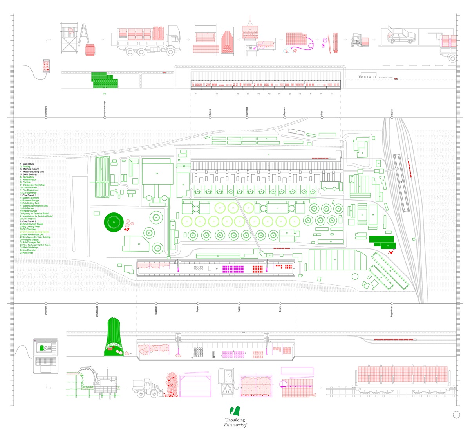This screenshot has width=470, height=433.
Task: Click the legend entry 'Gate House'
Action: coord(29,164)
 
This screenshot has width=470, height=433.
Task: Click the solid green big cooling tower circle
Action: coord(114,222)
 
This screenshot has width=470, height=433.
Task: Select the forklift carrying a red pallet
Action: coord(359,40)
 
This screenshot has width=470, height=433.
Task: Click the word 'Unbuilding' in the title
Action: coord(235,420)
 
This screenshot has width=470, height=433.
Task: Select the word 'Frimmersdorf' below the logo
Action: coord(235,425)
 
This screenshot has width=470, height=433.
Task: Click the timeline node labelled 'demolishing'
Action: coord(96,303)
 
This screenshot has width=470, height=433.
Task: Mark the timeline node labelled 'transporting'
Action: coord(392,303)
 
